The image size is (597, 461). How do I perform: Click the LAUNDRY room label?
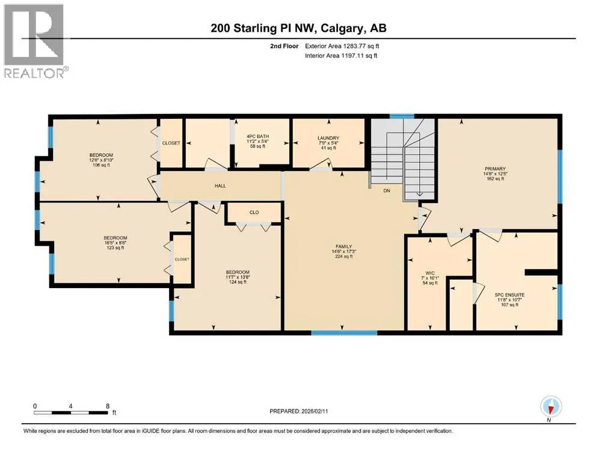[x=328, y=138]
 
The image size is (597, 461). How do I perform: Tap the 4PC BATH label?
[x=258, y=136]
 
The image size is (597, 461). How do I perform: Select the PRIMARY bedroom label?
[x=495, y=169]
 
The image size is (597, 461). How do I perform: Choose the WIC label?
[x=430, y=273]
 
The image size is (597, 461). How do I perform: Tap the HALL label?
[x=220, y=186]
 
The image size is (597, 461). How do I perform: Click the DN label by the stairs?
[x=387, y=190]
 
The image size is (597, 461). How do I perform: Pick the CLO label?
[x=254, y=212]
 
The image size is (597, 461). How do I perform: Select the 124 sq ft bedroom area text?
[x=237, y=282]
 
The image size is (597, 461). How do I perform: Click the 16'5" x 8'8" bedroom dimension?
[x=115, y=243]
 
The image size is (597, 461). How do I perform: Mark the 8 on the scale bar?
[x=108, y=406]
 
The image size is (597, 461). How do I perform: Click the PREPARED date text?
[x=299, y=411]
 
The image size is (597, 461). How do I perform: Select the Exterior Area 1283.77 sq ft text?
[x=342, y=46]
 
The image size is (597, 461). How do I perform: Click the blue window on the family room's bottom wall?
[x=344, y=333]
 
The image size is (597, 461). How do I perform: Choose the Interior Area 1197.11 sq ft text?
[x=341, y=55]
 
